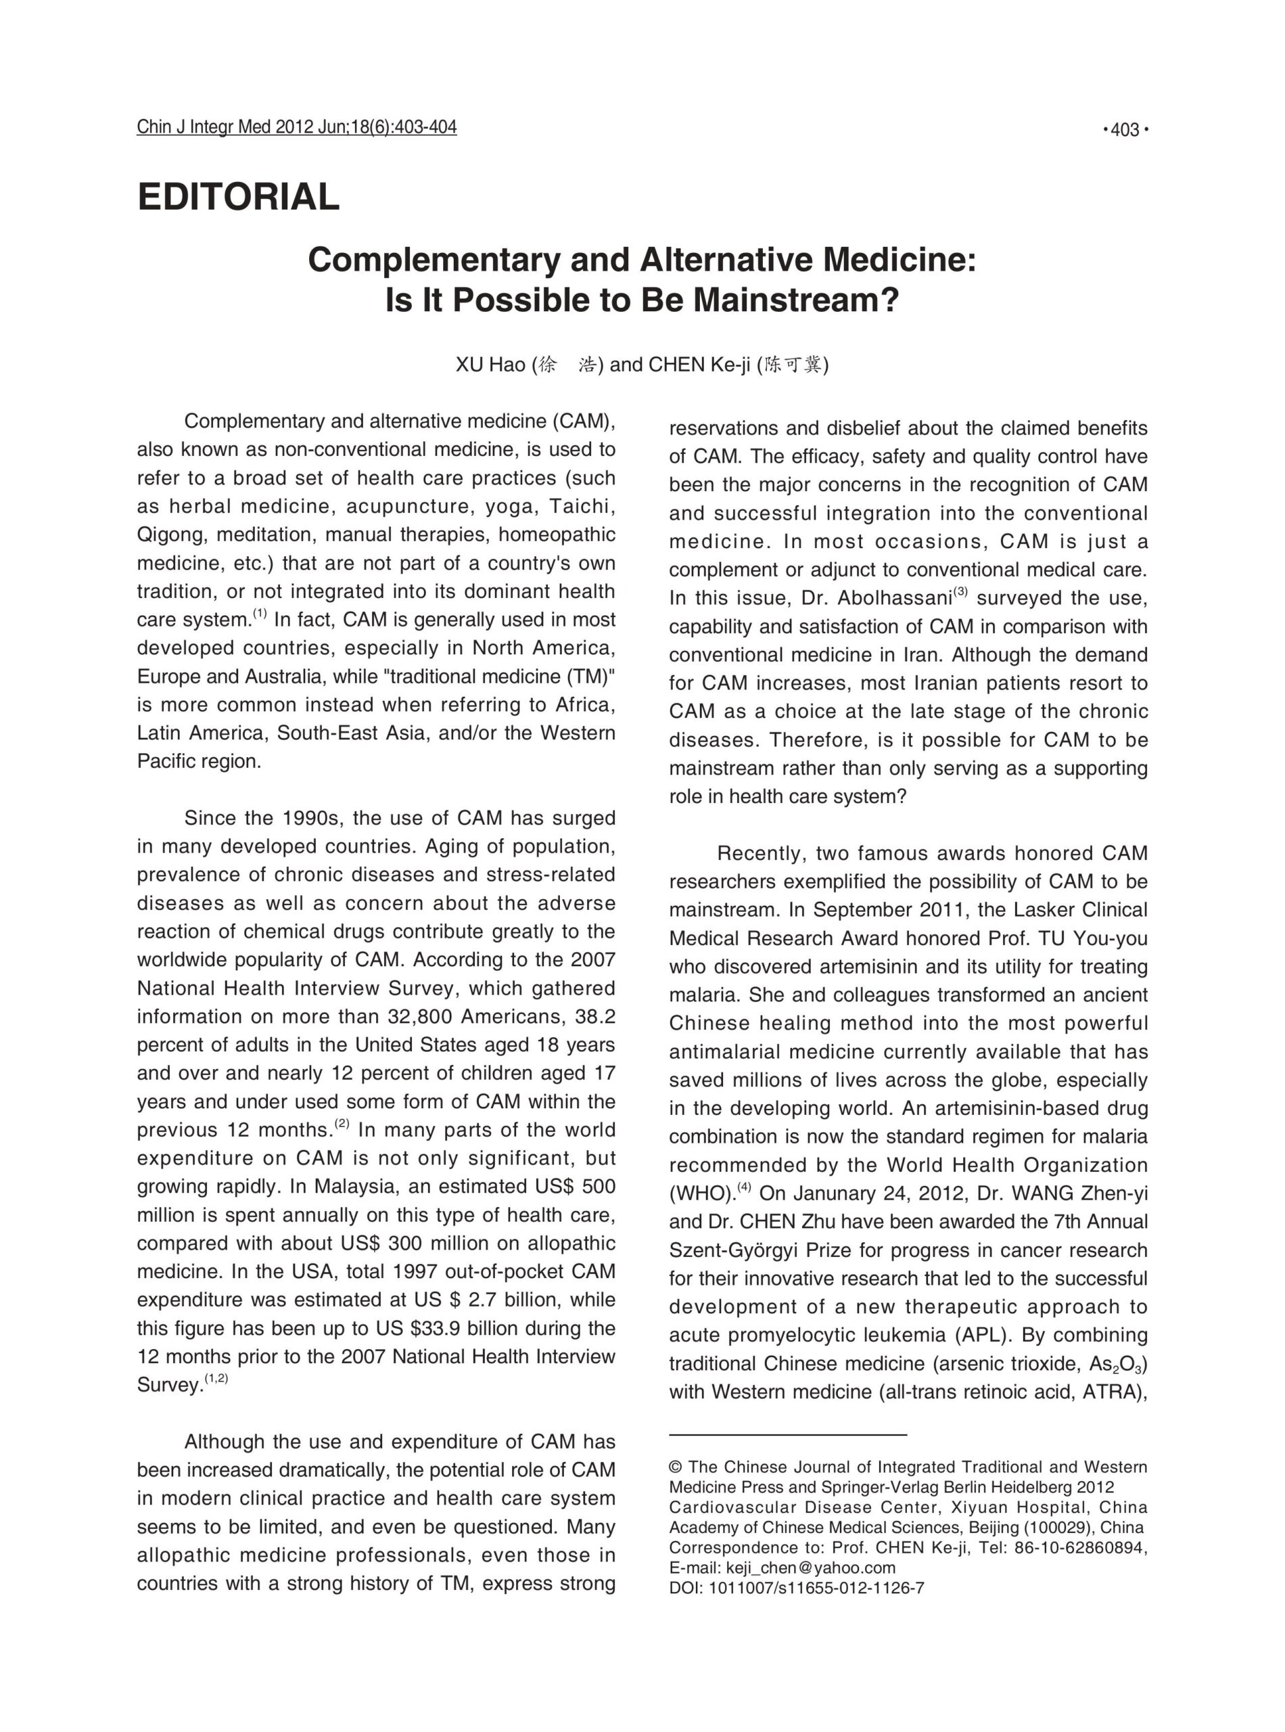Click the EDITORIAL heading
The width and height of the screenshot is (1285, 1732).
click(238, 196)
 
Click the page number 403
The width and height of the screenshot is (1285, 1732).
click(1125, 130)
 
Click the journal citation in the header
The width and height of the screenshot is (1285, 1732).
click(296, 127)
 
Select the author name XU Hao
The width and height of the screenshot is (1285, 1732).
click(490, 365)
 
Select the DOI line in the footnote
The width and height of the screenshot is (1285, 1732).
click(796, 1588)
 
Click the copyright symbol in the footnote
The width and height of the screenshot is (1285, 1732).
click(675, 1467)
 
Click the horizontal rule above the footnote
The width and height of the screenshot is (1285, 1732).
click(787, 1434)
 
